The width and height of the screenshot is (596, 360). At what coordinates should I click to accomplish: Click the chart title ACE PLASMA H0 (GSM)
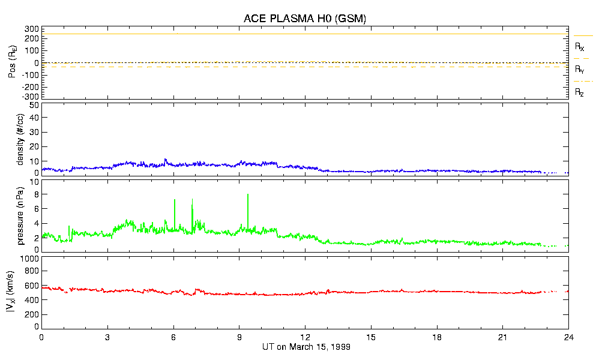pos(305,19)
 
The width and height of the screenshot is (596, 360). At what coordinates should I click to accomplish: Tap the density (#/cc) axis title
pos(21,139)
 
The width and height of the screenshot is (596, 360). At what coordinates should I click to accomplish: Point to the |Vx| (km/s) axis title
pos(21,293)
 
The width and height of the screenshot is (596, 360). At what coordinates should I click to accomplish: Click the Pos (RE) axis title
pos(21,62)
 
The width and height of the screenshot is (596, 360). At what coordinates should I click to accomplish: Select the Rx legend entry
pos(580,46)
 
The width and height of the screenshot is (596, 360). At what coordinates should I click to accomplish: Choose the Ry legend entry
pos(580,70)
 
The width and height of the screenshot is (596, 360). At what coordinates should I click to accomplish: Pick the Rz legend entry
pos(580,92)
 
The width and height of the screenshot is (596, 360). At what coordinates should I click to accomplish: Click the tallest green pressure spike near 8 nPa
pos(248,195)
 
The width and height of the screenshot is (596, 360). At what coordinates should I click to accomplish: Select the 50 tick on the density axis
pos(34,105)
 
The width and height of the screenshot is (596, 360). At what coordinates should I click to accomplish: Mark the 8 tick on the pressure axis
pos(36,194)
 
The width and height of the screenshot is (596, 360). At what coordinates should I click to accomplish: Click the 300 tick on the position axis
pos(31,29)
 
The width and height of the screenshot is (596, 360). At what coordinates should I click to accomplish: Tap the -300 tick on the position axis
pos(30,96)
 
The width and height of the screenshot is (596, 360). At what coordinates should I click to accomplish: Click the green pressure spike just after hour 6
pos(175,200)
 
